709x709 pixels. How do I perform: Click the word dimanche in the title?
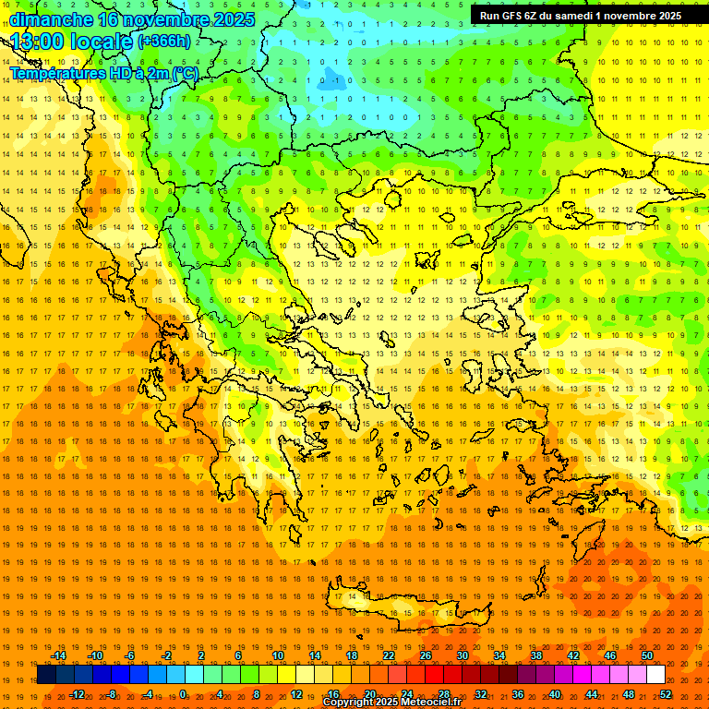pyautogui.click(x=51, y=19)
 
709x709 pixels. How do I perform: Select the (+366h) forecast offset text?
pyautogui.click(x=165, y=41)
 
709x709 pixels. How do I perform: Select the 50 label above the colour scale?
pyautogui.click(x=646, y=655)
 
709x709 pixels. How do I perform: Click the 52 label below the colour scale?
pyautogui.click(x=666, y=693)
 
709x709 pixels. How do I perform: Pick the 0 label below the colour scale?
pyautogui.click(x=185, y=693)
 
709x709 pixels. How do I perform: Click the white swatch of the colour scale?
pyautogui.click(x=655, y=675)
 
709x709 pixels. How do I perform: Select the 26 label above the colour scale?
pyautogui.click(x=425, y=655)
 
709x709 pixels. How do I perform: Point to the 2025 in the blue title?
pyautogui.click(x=224, y=19)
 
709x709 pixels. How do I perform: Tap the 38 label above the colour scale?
pyautogui.click(x=535, y=655)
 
